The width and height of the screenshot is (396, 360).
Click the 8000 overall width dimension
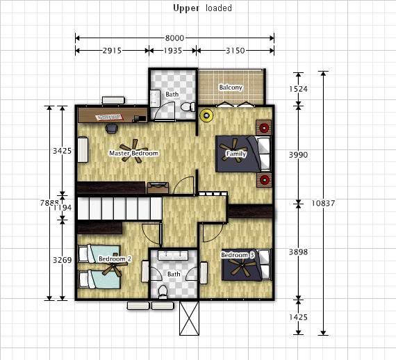174,38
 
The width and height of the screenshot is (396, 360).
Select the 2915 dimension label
112,51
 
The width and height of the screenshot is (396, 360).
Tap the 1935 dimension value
173,51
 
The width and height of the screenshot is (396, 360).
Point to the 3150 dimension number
235,51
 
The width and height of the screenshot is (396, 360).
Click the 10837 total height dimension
323,203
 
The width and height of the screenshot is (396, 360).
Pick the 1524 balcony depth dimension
298,89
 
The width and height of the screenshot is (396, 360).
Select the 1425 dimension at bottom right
298,317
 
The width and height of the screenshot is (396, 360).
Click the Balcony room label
231,88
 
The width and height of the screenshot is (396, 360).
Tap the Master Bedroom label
134,153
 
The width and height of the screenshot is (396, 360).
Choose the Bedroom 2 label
115,259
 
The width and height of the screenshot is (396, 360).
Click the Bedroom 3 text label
238,255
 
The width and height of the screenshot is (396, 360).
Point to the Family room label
236,154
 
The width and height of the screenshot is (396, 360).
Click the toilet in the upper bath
188,107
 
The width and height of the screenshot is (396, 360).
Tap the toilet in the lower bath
163,291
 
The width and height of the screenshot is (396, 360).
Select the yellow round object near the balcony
206,115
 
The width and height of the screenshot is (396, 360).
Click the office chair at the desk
112,129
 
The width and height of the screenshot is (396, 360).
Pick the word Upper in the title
186,8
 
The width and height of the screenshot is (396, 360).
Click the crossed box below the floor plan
189,318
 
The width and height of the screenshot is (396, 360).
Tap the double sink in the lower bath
173,255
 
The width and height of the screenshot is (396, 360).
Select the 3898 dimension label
298,252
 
